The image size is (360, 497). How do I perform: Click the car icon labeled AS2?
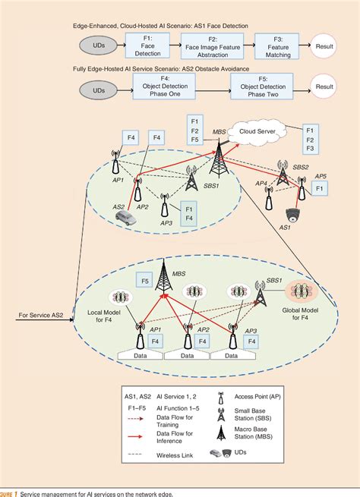point(127,219)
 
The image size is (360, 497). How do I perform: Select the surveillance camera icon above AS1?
point(292,215)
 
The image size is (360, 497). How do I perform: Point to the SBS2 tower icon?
point(283,176)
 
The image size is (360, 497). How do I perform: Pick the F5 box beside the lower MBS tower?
point(142,282)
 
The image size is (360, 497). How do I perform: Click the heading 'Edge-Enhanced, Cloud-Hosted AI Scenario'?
point(144,25)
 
